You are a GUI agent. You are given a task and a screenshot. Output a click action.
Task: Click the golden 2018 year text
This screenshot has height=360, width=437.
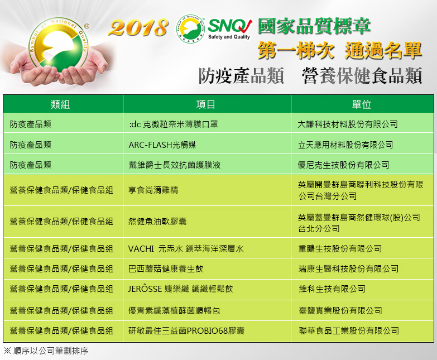(138, 27)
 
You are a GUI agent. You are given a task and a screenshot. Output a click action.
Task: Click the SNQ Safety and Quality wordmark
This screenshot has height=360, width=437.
(229, 29)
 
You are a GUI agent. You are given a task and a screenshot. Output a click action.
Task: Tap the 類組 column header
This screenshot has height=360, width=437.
(60, 104)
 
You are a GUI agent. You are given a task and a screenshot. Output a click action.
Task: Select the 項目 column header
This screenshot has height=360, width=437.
(206, 104)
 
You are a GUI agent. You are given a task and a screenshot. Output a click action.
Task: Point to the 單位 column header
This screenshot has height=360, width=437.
(362, 104)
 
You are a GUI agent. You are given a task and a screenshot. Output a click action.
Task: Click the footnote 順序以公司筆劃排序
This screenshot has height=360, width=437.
(46, 351)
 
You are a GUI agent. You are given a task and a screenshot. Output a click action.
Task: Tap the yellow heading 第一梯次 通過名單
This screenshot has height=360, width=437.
(339, 50)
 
